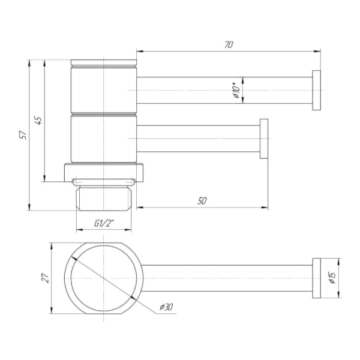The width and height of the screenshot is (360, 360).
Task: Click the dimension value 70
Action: tap(229, 45)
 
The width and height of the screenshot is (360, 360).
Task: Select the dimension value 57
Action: tap(23, 135)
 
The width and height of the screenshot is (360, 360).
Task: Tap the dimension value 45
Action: tap(38, 121)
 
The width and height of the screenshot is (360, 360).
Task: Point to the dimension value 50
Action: tap(202, 201)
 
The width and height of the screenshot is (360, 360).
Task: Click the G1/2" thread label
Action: tap(104, 223)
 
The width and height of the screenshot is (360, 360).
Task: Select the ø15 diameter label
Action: tap(332, 278)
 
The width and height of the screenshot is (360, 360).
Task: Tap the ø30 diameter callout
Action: tap(166, 307)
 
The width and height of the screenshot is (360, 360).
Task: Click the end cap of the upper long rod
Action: tap(316, 90)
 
